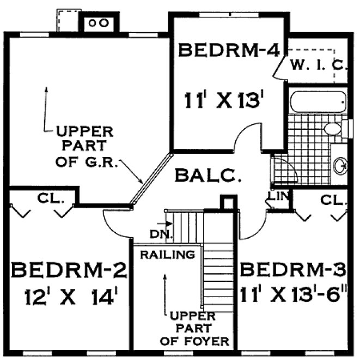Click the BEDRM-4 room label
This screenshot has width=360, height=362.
(229, 51)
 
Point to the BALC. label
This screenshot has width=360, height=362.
(208, 176)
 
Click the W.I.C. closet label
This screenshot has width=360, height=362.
(319, 66)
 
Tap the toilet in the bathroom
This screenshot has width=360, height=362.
(332, 129)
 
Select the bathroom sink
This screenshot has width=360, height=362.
(340, 165)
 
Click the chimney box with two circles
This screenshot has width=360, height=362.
(99, 23)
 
